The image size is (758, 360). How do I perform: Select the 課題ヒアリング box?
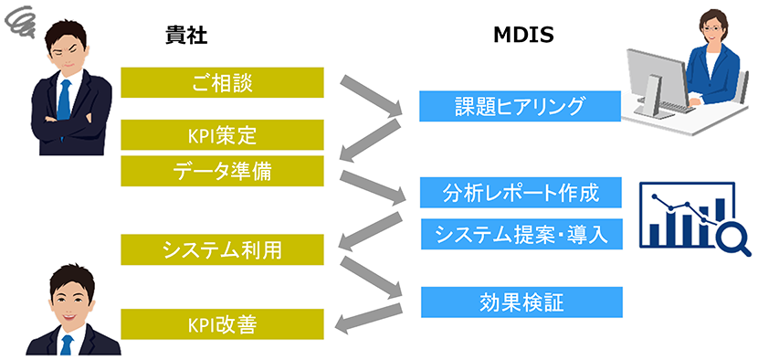521,106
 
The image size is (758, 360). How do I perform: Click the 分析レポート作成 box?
521,194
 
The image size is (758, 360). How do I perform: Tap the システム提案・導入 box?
521,234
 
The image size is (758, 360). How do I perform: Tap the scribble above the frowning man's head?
19,18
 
